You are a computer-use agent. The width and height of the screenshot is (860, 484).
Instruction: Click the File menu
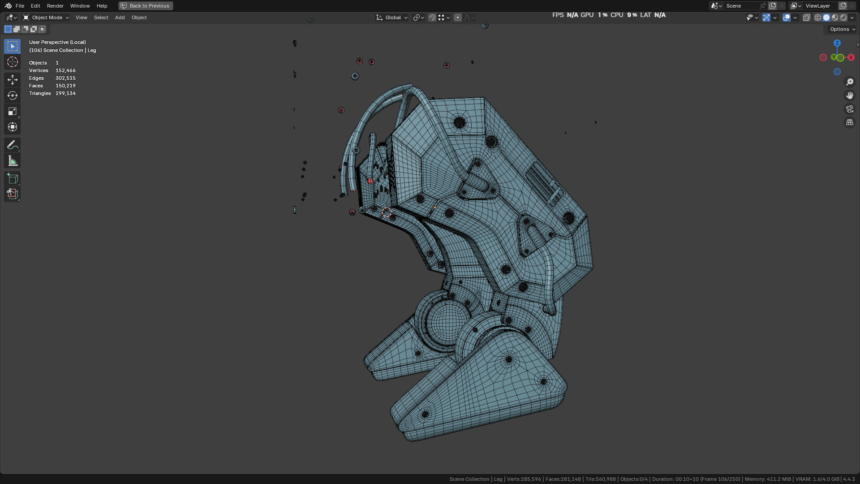point(20,6)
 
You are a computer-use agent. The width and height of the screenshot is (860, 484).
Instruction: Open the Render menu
point(55,6)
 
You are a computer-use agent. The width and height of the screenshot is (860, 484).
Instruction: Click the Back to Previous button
point(146,6)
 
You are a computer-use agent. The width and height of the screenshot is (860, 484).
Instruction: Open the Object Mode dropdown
point(46,17)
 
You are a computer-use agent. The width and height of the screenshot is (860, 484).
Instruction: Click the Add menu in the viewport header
point(120,17)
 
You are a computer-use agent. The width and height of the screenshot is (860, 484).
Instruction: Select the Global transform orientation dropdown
point(392,17)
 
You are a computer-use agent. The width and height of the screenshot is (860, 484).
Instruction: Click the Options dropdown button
point(842,29)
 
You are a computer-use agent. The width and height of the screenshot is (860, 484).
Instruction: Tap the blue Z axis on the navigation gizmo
point(837,43)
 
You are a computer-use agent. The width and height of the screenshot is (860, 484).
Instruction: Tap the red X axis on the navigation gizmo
point(851,57)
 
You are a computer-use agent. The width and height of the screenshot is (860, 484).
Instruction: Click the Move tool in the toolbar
point(13,80)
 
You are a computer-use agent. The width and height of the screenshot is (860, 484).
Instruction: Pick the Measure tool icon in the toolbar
point(13,161)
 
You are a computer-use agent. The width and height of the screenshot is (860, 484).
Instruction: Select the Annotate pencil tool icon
point(13,145)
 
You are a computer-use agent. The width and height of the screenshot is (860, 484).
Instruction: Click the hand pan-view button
point(849,95)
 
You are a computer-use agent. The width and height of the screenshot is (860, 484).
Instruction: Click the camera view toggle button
point(849,109)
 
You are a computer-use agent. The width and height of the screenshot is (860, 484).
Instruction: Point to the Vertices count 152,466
point(65,70)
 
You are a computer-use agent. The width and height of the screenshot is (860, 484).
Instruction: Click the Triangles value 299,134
point(65,93)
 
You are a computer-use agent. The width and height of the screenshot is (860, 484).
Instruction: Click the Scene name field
point(741,6)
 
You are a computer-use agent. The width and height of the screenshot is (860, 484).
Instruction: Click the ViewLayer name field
point(820,6)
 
